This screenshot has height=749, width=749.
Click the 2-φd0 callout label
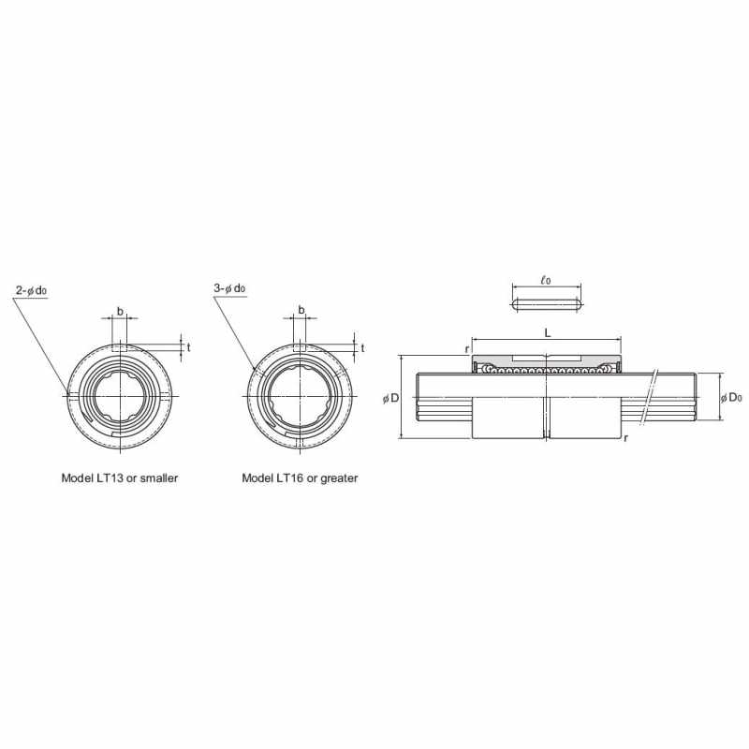[31, 290]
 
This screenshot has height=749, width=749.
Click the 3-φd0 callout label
[229, 288]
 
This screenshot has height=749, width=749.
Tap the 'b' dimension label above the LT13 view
[120, 312]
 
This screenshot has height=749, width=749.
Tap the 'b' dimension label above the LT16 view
[301, 310]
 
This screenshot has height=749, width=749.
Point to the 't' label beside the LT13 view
[189, 347]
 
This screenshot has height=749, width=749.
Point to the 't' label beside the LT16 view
[362, 347]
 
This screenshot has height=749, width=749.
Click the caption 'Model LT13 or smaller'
[120, 477]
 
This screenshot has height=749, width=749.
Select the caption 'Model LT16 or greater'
[300, 477]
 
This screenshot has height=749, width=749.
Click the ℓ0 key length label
[546, 280]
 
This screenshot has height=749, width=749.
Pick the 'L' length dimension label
[548, 333]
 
